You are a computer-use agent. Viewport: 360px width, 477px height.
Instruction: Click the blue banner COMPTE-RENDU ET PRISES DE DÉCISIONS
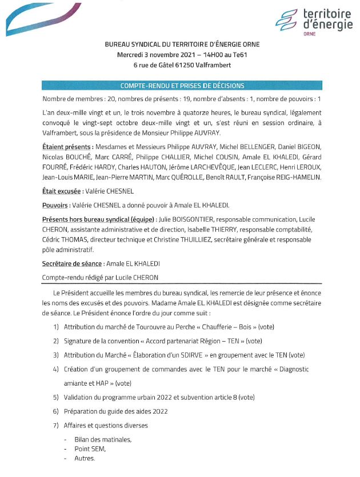pos(182,86)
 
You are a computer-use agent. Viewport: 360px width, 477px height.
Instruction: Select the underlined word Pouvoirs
pos(55,206)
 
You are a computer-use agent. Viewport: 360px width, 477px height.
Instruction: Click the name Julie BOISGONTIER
pos(183,220)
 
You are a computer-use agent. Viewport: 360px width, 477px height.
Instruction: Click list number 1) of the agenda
pos(56,327)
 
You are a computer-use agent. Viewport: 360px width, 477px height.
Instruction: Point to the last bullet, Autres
pos(85,459)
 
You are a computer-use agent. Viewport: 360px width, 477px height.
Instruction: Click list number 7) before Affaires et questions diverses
pos(56,425)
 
